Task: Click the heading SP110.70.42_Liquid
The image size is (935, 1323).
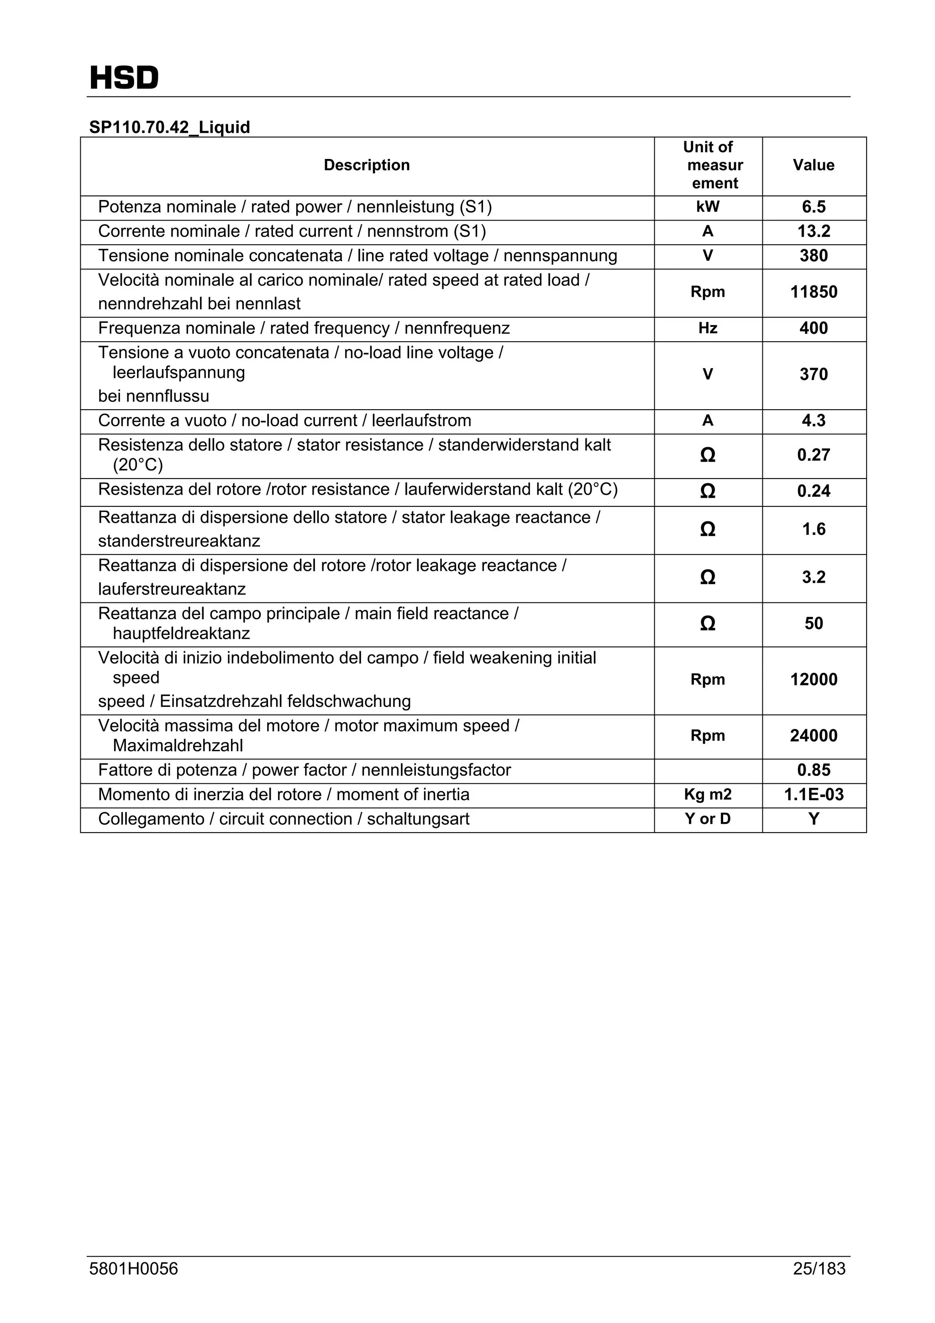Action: click(x=169, y=127)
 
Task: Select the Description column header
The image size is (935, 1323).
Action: click(x=367, y=165)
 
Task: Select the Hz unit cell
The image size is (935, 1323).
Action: click(x=708, y=328)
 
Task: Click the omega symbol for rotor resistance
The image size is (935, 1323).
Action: click(x=708, y=491)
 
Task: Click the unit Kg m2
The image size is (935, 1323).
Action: click(x=708, y=795)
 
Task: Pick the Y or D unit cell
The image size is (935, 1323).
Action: click(x=708, y=819)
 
